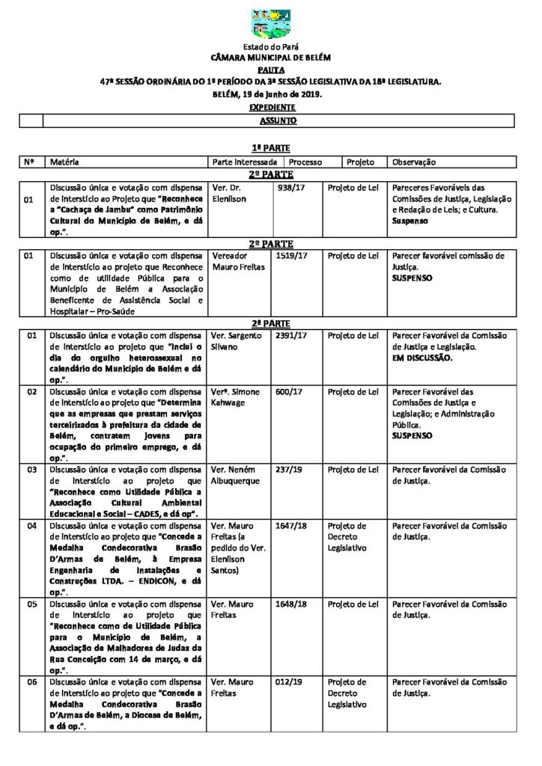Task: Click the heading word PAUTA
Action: pos(270,68)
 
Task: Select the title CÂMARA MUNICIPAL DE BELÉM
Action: pos(270,57)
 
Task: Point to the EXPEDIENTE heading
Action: pos(271,108)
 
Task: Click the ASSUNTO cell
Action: pos(278,120)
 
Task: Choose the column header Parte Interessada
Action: pos(245,162)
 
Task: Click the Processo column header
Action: pos(305,162)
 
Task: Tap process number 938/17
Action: pos(290,187)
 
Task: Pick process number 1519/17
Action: pos(292,255)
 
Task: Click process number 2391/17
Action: pos(292,336)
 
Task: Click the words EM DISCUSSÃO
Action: pos(422,358)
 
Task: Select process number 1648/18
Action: pos(292,604)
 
